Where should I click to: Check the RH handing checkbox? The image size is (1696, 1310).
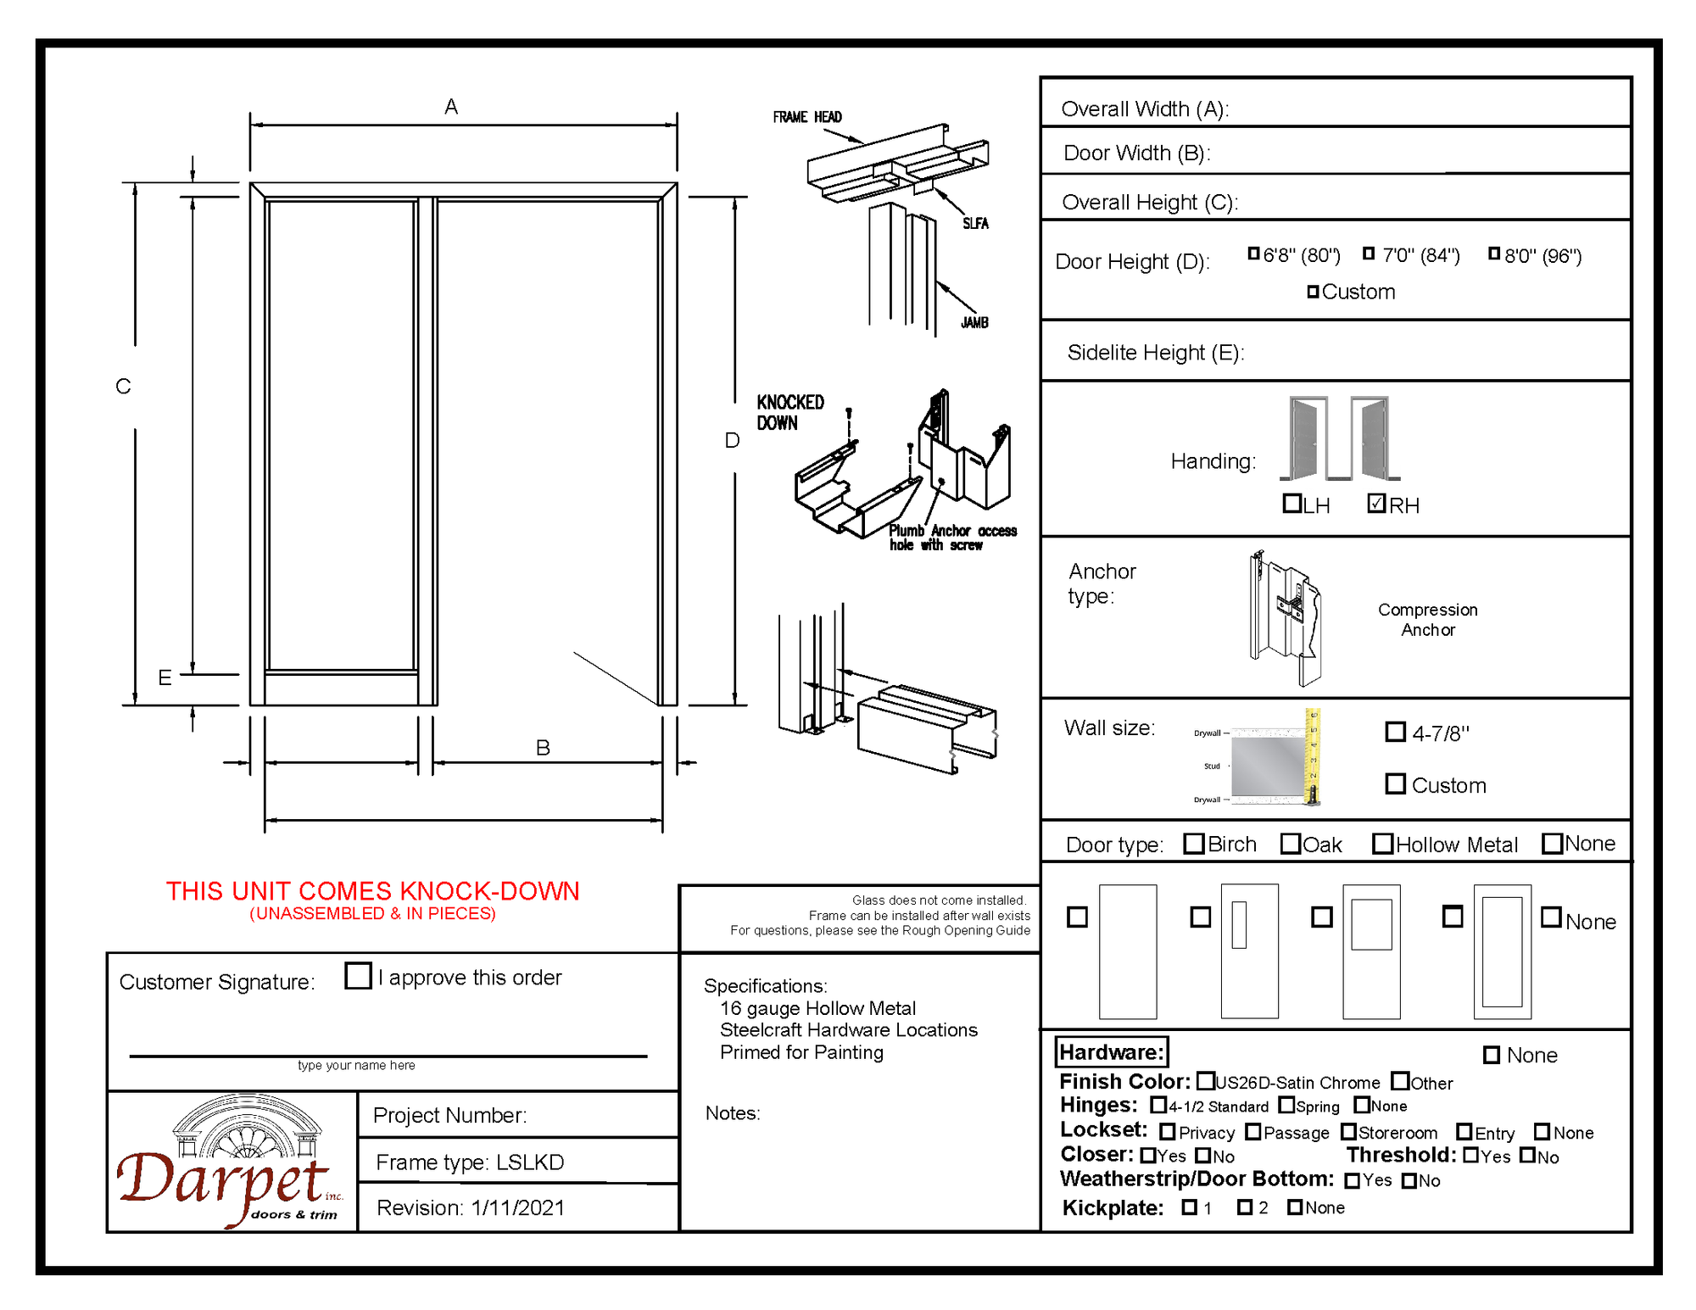[x=1376, y=504]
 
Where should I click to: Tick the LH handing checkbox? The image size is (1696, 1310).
[x=1292, y=504]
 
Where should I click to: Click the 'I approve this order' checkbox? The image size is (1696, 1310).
[x=358, y=975]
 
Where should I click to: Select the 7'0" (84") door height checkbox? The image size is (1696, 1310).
[x=1369, y=254]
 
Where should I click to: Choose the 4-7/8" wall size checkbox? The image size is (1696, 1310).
[x=1395, y=731]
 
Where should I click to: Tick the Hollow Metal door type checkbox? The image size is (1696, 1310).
[x=1382, y=844]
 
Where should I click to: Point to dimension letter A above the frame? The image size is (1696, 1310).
[x=451, y=107]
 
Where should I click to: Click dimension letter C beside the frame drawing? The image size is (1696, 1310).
[x=123, y=387]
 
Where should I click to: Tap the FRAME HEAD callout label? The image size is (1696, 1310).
[x=806, y=117]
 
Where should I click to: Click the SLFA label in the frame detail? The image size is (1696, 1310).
[x=975, y=224]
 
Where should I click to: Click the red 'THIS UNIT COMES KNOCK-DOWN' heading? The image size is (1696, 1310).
[x=372, y=891]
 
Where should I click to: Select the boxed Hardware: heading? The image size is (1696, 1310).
[x=1111, y=1052]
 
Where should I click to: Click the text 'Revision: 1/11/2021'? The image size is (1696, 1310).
[x=471, y=1207]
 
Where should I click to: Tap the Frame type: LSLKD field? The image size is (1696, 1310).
[x=470, y=1162]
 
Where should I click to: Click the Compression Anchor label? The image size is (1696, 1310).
[x=1427, y=620]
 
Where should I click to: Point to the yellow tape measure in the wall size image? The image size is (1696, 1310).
[x=1312, y=755]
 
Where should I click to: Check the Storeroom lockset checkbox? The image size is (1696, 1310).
[x=1348, y=1132]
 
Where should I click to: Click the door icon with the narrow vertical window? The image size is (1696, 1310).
[x=1249, y=951]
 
